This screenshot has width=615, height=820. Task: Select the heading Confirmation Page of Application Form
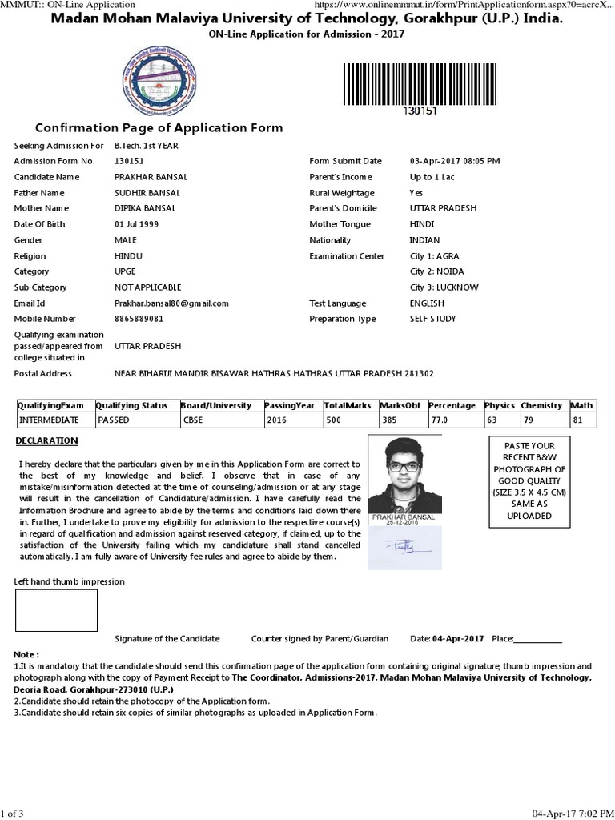[159, 128]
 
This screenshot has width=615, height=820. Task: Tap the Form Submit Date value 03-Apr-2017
[454, 161]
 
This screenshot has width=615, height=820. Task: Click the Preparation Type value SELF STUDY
[432, 319]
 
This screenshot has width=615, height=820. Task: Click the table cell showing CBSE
[194, 420]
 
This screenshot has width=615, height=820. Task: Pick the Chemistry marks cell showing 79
[529, 420]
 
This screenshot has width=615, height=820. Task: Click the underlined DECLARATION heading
[47, 440]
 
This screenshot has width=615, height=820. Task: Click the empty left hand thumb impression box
[57, 610]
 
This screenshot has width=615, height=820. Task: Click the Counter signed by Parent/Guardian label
[320, 639]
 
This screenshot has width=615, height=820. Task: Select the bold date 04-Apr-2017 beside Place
[458, 639]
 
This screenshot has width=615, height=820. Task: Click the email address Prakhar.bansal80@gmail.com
[171, 303]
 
